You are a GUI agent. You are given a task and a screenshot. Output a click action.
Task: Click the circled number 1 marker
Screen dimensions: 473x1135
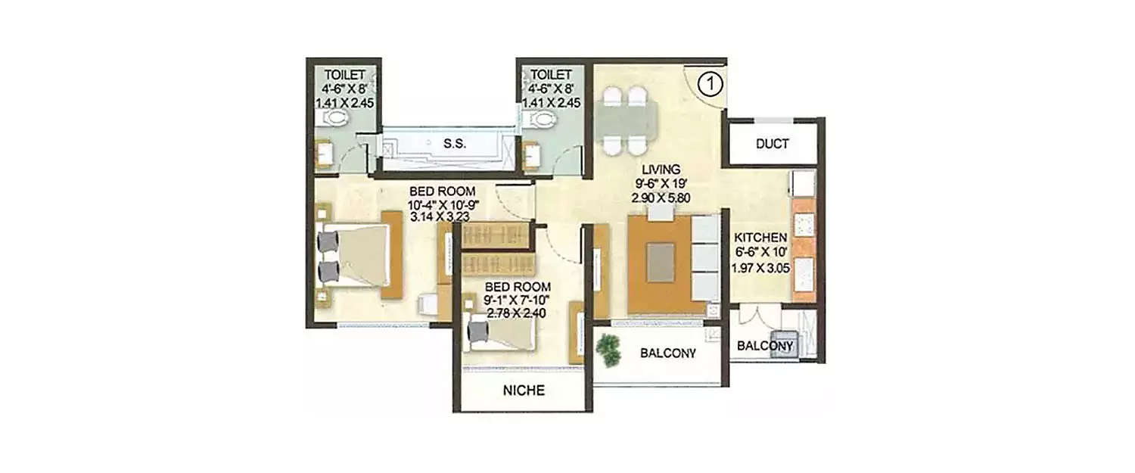pos(709,83)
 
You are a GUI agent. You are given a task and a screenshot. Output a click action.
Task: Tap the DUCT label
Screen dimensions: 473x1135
pos(772,144)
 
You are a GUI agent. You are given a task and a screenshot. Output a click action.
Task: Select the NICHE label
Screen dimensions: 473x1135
pos(524,391)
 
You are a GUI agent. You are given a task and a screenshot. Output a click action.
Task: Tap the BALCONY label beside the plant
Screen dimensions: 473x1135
pos(667,353)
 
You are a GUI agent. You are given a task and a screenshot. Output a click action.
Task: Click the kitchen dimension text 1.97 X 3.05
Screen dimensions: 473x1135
pos(760,266)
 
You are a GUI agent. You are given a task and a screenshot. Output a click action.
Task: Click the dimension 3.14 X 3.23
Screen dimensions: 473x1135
pos(441,216)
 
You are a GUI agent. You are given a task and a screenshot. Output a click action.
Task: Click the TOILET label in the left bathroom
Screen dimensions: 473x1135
pos(345,75)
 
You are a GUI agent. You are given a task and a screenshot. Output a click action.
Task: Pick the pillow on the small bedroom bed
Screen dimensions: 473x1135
pos(478,330)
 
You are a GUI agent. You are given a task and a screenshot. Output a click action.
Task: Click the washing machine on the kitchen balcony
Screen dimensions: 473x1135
pos(783,344)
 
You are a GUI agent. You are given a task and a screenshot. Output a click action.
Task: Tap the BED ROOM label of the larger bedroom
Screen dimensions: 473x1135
pos(437,191)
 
